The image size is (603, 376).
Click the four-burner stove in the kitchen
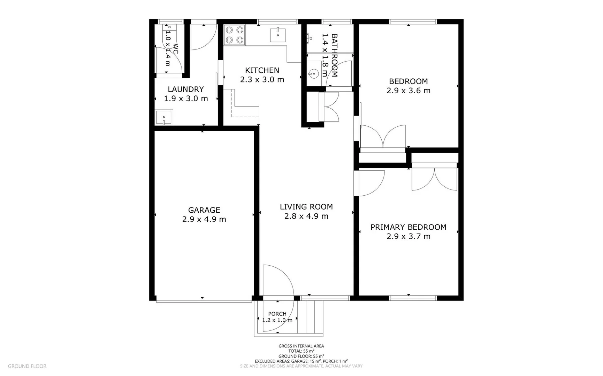(234, 35)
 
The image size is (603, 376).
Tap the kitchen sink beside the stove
(278, 35)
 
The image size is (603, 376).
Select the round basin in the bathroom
(313, 74)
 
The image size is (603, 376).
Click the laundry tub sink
(163, 118)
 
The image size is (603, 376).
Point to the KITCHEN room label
(262, 70)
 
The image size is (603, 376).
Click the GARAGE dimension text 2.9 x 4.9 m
(204, 219)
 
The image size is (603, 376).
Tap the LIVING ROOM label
(306, 207)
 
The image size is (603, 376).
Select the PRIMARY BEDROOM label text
(408, 227)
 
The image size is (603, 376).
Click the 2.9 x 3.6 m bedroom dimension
(408, 91)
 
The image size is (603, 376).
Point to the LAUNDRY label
(186, 89)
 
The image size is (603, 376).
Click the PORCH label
(277, 314)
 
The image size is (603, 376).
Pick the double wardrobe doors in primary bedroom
(434, 179)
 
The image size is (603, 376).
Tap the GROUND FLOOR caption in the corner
(27, 366)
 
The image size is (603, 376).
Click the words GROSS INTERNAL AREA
(301, 346)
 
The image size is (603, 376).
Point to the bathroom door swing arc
(340, 73)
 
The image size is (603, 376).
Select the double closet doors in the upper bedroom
(383, 136)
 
